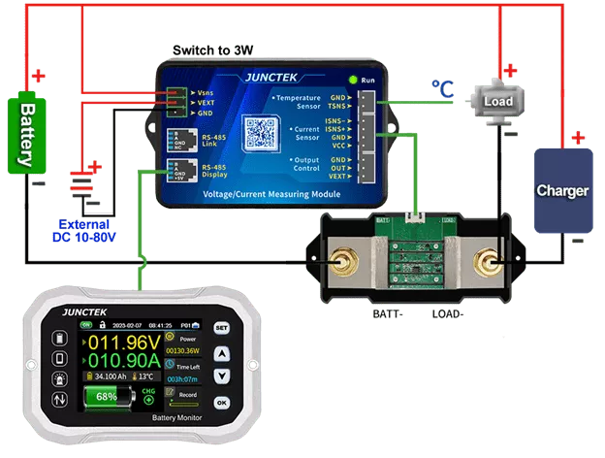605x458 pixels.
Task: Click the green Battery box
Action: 28,131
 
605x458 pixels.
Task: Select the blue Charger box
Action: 562,190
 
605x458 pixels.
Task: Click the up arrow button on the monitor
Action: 222,352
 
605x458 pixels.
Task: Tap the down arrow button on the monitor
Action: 222,375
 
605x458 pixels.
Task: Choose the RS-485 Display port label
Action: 213,172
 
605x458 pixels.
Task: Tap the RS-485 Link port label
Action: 213,139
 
